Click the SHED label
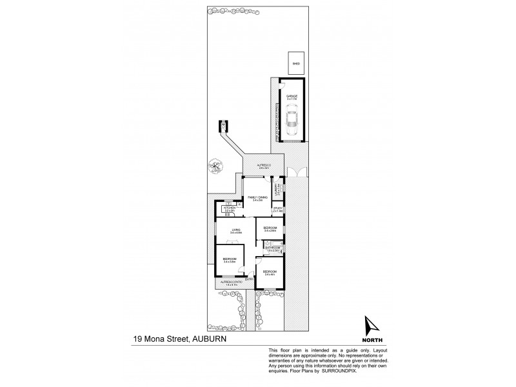pyautogui.click(x=297, y=64)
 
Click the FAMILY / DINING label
pyautogui.click(x=258, y=198)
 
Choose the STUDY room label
pyautogui.click(x=278, y=209)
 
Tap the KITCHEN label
pyautogui.click(x=230, y=208)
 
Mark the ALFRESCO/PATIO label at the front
pyautogui.click(x=230, y=283)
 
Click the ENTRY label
pyautogui.click(x=248, y=279)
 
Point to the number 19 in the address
pyautogui.click(x=139, y=337)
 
